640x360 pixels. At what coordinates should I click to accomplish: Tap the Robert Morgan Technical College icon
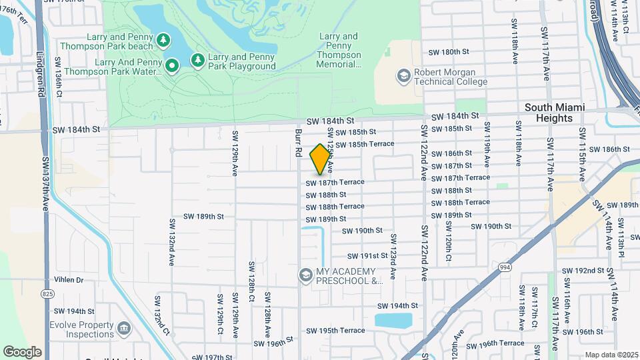click(403, 76)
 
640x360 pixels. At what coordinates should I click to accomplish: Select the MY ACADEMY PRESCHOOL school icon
click(305, 275)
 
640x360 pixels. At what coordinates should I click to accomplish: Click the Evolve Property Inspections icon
click(123, 328)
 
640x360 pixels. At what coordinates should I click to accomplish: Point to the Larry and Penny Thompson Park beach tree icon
click(163, 41)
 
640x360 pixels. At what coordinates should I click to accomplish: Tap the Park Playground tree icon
click(197, 61)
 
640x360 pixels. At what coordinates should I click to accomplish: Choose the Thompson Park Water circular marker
click(171, 65)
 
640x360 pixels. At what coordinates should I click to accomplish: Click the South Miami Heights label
click(554, 113)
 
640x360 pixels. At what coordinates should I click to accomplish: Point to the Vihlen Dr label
click(69, 280)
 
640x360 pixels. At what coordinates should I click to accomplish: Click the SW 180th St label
click(449, 52)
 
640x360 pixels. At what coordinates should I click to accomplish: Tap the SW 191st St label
click(367, 256)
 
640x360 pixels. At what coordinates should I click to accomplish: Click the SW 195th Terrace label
click(335, 331)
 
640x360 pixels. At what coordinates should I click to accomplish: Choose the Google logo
click(22, 352)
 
